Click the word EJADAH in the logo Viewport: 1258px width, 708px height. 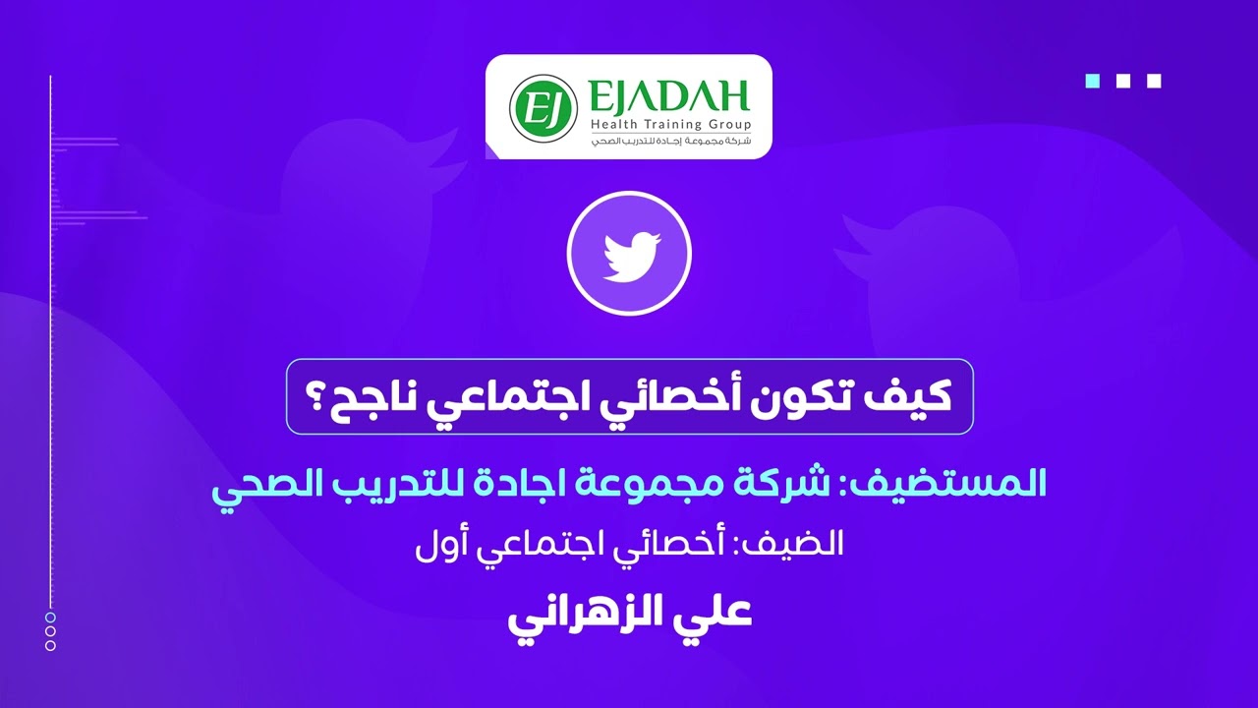pyautogui.click(x=668, y=96)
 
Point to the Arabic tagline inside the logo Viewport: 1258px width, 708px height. pyautogui.click(x=670, y=141)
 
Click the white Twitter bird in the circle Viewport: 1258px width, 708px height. pyautogui.click(x=629, y=254)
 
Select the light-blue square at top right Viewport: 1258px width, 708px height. pyautogui.click(x=1092, y=81)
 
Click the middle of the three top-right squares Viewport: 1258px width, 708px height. pyautogui.click(x=1123, y=81)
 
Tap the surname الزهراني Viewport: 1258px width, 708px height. pyautogui.click(x=590, y=612)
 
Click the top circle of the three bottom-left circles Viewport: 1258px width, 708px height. pyautogui.click(x=50, y=617)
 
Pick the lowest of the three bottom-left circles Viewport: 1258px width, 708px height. pyautogui.click(x=50, y=646)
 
